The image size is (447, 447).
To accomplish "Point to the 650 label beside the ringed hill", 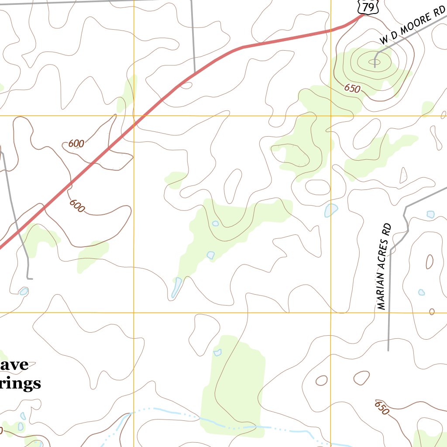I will (x=352, y=89).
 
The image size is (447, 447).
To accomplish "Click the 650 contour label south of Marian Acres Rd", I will (x=381, y=408).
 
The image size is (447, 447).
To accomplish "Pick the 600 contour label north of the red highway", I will (x=76, y=144).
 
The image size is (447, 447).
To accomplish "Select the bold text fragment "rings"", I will (x=21, y=384).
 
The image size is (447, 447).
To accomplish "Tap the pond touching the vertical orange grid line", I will (x=331, y=210).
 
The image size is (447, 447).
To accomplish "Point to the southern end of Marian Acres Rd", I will (x=388, y=350).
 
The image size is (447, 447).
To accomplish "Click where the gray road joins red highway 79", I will (x=194, y=74).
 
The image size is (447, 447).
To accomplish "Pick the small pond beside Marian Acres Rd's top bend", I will (x=430, y=214).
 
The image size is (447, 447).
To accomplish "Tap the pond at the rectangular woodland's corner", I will (x=217, y=352).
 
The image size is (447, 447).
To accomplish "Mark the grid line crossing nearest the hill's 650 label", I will (x=331, y=116).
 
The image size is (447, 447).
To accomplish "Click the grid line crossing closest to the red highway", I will (x=134, y=116).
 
